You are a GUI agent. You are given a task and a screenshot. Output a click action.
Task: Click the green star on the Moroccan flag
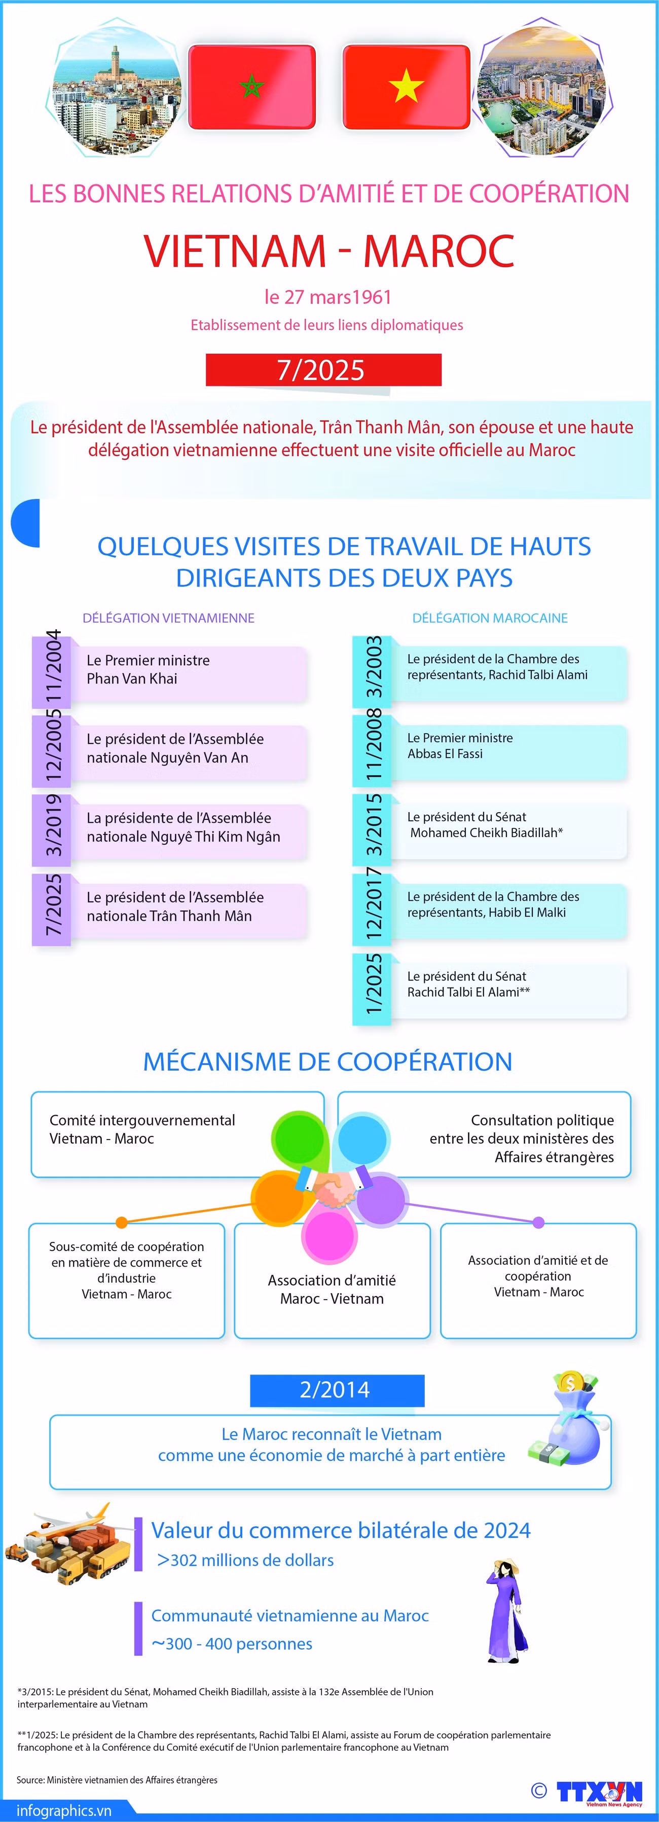click(252, 87)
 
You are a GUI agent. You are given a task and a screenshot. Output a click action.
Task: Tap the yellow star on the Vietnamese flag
click(407, 86)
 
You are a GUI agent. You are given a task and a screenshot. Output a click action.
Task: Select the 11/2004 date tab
click(52, 668)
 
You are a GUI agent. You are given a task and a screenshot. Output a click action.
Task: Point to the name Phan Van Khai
click(132, 678)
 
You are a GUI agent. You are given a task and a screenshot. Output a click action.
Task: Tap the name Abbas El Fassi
click(445, 754)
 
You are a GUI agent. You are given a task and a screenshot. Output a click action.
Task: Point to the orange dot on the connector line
click(122, 1222)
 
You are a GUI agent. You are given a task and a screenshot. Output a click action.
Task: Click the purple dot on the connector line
click(538, 1222)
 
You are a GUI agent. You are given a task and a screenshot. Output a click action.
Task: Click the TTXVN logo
click(599, 1792)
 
